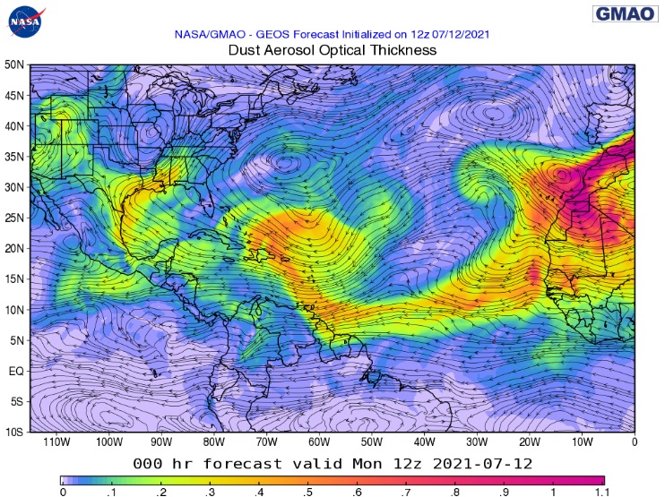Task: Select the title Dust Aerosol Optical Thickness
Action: coord(332,50)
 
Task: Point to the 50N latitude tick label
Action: coord(13,65)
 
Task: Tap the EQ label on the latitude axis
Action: coord(15,370)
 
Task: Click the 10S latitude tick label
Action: coord(13,432)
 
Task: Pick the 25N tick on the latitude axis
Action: coord(13,218)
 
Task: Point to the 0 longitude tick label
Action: coord(635,441)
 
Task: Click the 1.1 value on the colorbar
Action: coord(602,492)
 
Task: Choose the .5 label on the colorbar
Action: coord(307,492)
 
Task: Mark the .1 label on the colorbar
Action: coord(110,492)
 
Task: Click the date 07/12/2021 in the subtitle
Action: coord(454,34)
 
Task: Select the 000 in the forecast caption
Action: coord(148,464)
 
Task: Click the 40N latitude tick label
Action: coord(13,126)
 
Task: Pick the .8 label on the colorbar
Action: coord(455,492)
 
